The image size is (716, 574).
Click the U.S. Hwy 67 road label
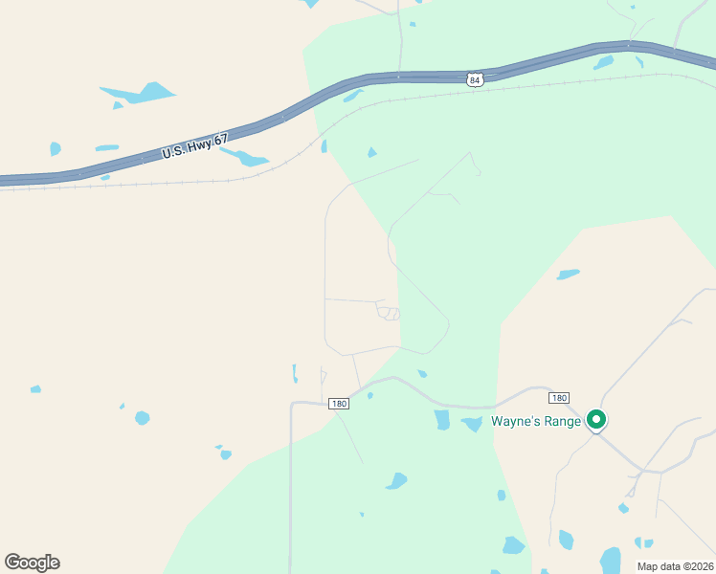[x=195, y=146]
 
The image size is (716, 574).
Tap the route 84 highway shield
[x=475, y=80]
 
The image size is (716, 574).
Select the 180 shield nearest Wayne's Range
[x=560, y=397]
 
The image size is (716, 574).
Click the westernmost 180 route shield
[x=339, y=404]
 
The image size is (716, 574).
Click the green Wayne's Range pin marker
[x=596, y=420]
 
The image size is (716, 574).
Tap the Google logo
[x=32, y=563]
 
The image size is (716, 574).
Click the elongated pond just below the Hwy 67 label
[x=246, y=158]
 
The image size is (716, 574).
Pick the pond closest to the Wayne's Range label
[x=472, y=424]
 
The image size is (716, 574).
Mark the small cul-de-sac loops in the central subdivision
[x=389, y=313]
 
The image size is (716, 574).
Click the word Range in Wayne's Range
[x=560, y=421]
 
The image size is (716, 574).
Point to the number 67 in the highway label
[x=221, y=140]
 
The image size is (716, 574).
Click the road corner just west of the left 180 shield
[x=291, y=404]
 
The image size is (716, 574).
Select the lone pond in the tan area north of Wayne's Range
[x=568, y=275]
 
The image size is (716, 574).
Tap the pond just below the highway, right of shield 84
[x=603, y=63]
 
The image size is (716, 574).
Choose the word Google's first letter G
[x=12, y=563]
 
